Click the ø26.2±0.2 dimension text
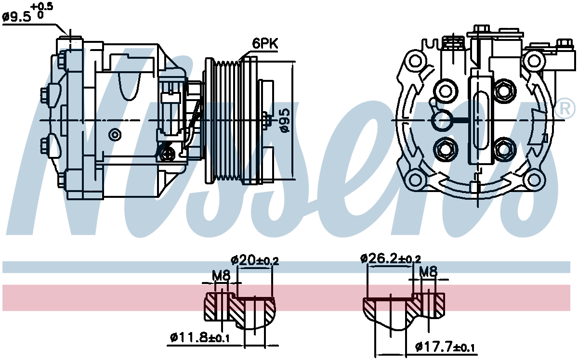(x=391, y=258)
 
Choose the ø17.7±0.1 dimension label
(x=444, y=346)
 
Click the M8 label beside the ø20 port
(x=221, y=276)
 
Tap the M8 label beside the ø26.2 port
(x=428, y=272)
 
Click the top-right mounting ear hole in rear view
(x=533, y=61)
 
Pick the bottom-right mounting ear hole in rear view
(x=533, y=180)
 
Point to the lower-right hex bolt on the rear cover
(x=504, y=149)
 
